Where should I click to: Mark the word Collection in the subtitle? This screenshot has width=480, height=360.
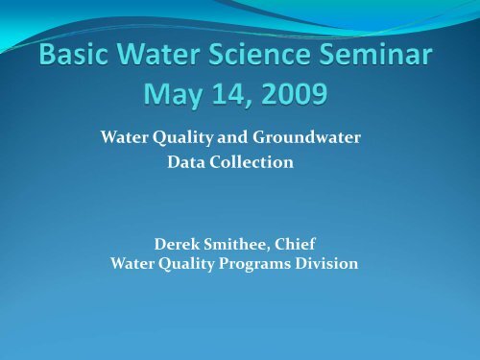(252, 164)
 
